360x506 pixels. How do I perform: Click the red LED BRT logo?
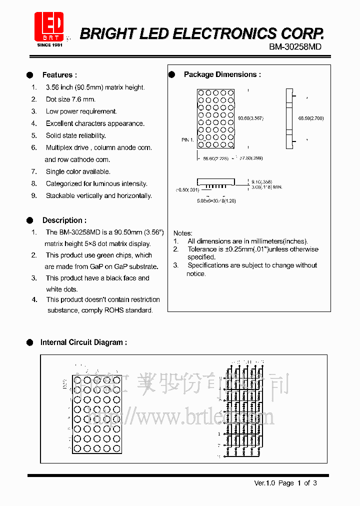tap(49, 25)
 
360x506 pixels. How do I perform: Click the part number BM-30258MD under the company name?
tap(295, 46)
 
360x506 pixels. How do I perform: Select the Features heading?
tap(59, 75)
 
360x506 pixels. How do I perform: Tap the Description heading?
tap(64, 220)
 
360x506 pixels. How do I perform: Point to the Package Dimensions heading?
tap(222, 74)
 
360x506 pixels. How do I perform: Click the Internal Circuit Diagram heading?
tap(83, 342)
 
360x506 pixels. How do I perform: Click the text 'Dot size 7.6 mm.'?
tap(70, 99)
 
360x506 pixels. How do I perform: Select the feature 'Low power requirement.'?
tap(81, 111)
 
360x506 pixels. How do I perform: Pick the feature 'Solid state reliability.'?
tap(76, 135)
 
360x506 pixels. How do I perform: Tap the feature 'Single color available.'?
tap(78, 171)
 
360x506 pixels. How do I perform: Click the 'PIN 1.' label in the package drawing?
tap(187, 140)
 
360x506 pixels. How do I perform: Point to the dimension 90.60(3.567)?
tap(250, 118)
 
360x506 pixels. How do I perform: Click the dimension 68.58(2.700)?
tap(311, 118)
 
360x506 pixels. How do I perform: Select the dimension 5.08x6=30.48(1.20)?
tap(216, 200)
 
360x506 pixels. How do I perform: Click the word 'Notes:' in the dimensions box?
tap(182, 233)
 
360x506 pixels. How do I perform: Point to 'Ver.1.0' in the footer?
tap(265, 483)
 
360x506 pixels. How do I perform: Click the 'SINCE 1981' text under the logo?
tap(50, 45)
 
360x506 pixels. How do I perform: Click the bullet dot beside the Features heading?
tap(30, 75)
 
